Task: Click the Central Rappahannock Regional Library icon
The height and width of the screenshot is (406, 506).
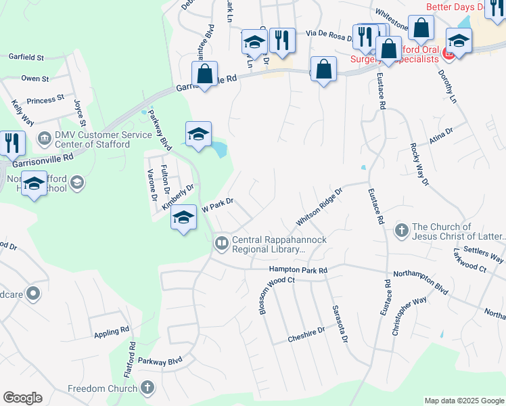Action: [222, 243]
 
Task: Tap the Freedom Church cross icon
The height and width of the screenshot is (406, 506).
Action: [148, 388]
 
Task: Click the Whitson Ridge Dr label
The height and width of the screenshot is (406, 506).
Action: [319, 207]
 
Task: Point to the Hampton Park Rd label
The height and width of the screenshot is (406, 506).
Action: [298, 270]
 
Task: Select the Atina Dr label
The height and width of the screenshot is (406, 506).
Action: [440, 140]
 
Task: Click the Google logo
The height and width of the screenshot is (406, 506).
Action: [22, 398]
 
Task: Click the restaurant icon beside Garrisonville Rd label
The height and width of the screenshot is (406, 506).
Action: [12, 143]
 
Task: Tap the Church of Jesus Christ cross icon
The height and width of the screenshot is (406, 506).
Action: [401, 231]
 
